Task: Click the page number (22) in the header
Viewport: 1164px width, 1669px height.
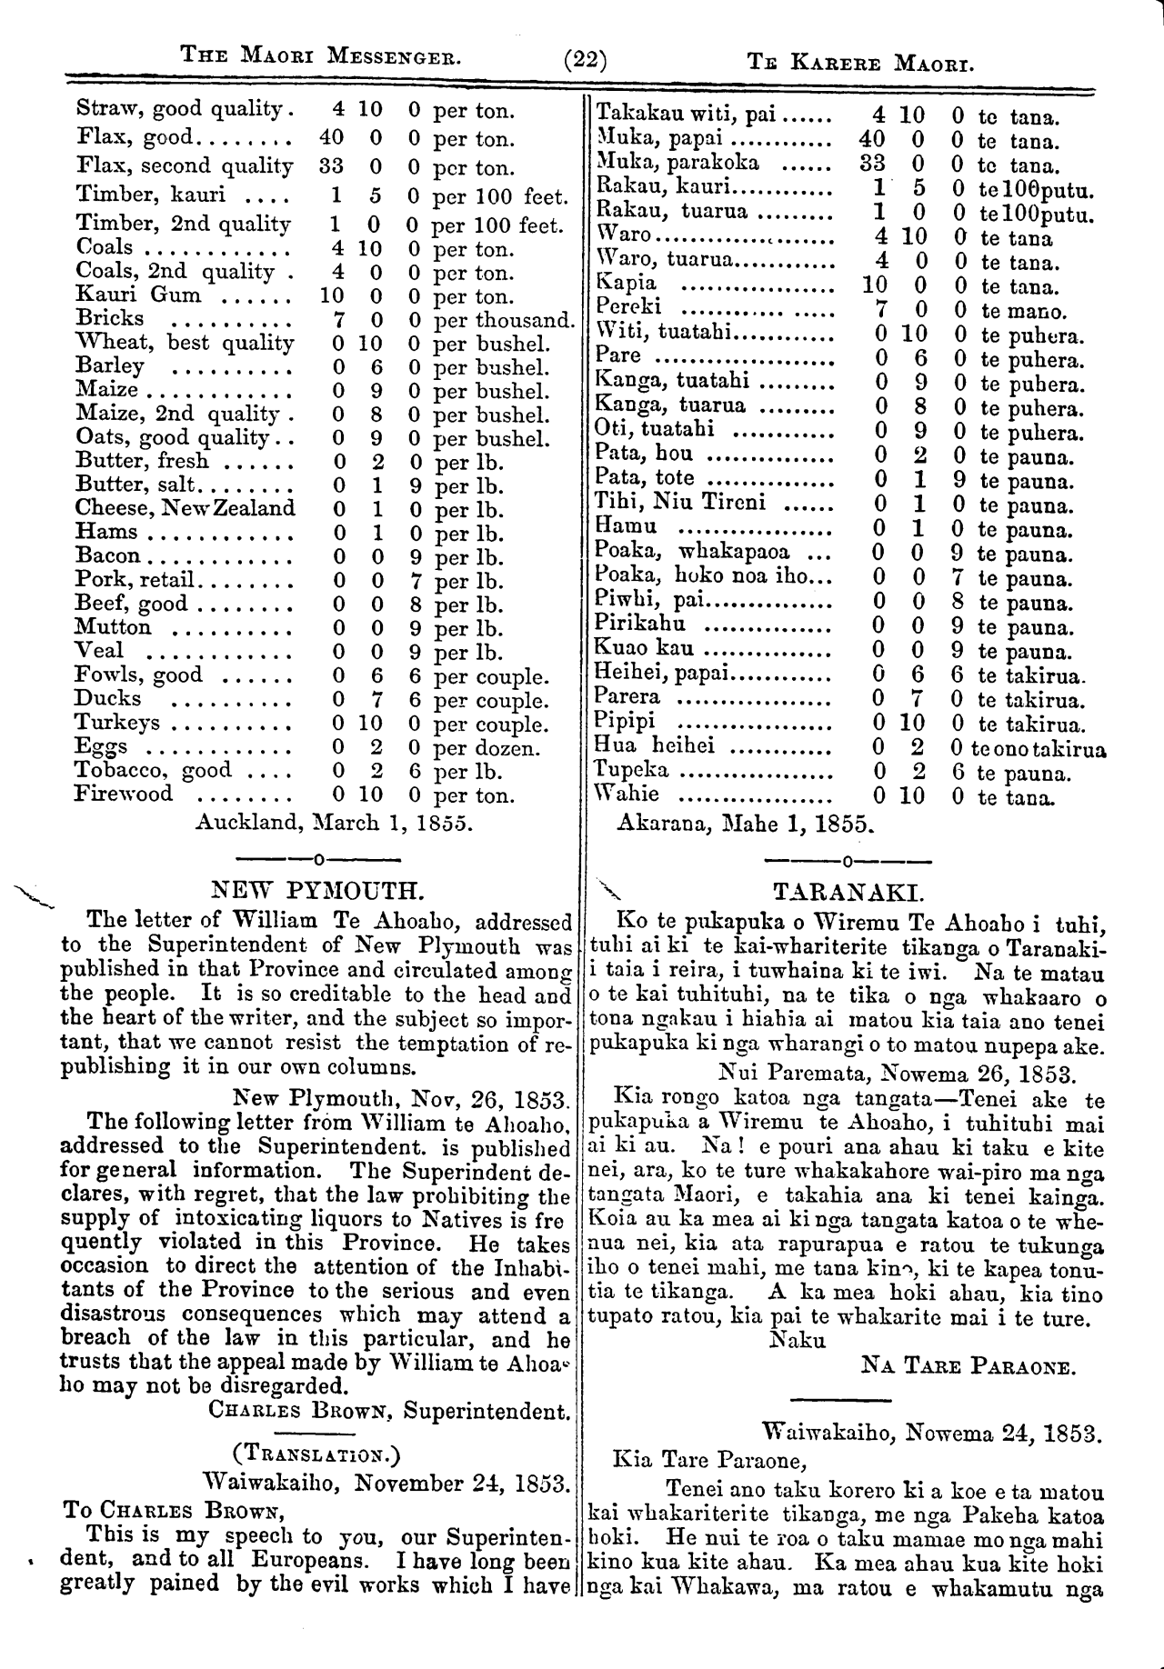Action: (x=585, y=62)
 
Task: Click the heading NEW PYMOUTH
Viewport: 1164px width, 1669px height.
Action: (x=317, y=888)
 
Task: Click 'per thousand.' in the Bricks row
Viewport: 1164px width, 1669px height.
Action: (x=504, y=320)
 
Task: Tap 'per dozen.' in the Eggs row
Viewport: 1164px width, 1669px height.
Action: (x=487, y=748)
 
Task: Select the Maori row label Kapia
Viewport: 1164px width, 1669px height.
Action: (x=625, y=284)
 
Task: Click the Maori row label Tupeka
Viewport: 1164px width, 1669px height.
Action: (x=631, y=771)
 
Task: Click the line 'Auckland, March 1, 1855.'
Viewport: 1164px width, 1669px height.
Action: (x=333, y=823)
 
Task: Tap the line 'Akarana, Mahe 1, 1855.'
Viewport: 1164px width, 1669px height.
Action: (x=745, y=824)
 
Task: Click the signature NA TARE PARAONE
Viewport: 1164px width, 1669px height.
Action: (x=968, y=1365)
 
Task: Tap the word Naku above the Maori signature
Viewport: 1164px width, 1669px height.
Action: (x=798, y=1340)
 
